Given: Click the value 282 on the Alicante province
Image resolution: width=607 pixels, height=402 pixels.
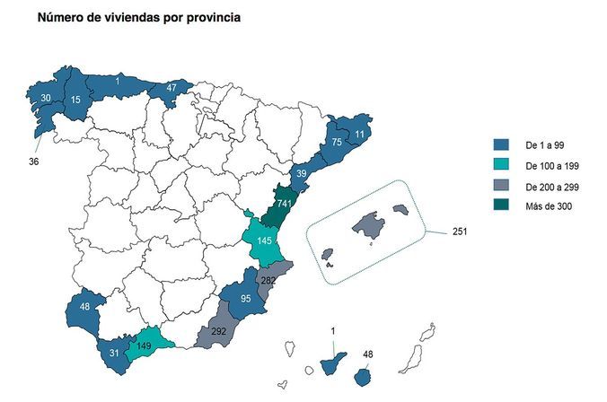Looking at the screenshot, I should (268, 281).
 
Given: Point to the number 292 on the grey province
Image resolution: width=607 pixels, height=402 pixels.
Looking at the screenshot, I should (217, 331).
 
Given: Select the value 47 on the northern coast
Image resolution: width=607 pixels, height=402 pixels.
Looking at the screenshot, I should (172, 88).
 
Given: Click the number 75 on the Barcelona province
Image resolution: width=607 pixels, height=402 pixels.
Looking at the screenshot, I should (336, 142).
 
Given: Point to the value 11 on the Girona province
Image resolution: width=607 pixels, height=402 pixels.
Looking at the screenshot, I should (359, 135).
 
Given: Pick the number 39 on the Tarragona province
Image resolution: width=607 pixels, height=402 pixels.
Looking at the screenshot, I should (303, 174).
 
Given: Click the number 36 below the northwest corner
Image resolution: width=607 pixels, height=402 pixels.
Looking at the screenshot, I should (34, 162).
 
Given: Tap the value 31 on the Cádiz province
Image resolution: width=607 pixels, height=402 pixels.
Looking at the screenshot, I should (113, 353).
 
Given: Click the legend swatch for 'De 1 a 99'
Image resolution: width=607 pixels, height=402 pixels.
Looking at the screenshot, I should (502, 144).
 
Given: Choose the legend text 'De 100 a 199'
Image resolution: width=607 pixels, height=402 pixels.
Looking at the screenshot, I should (550, 165).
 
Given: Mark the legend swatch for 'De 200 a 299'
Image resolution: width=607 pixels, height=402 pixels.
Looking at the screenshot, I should (502, 186).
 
